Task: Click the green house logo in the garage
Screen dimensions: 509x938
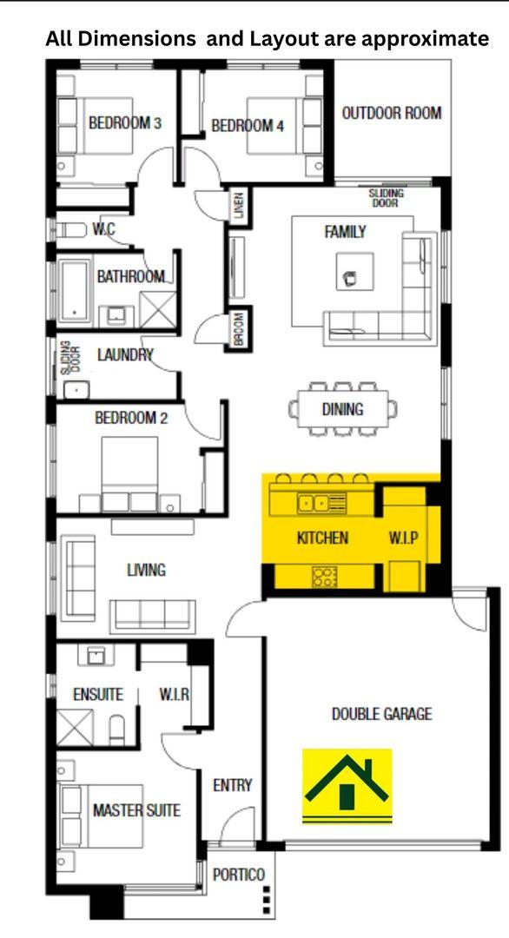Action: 347,784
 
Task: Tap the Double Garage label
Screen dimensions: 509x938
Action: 381,714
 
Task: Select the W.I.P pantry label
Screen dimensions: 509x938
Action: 404,538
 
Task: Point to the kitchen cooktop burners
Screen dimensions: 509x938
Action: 325,577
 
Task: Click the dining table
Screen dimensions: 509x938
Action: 343,409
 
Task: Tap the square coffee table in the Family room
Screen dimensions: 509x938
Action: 354,271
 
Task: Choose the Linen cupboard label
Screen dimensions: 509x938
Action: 239,207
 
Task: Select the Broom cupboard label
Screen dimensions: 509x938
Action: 239,329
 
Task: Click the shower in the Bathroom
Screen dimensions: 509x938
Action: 158,309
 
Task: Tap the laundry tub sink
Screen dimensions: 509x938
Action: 76,390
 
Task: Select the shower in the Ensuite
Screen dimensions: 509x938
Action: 76,727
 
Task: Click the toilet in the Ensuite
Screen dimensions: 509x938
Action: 118,730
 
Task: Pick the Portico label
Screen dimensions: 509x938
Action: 239,875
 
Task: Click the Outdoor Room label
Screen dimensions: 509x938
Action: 392,112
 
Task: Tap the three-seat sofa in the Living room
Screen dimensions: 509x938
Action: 153,616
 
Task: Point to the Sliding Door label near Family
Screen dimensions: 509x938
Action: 387,198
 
